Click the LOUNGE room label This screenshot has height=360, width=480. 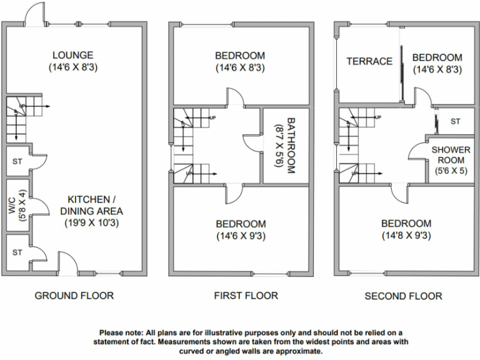pyautogui.click(x=73, y=55)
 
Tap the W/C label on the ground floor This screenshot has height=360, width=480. pyautogui.click(x=12, y=206)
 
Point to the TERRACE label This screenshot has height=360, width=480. pyautogui.click(x=369, y=61)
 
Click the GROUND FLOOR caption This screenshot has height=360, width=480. pyautogui.click(x=74, y=296)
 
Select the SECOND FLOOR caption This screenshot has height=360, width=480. pyautogui.click(x=403, y=296)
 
